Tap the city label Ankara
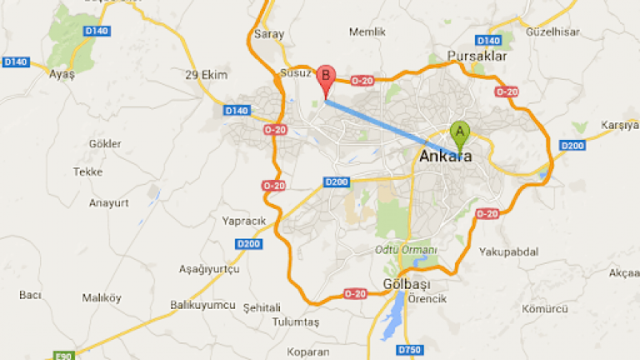pyautogui.click(x=446, y=157)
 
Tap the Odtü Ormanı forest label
pyautogui.click(x=407, y=250)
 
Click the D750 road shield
pyautogui.click(x=409, y=350)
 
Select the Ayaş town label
pyautogui.click(x=62, y=74)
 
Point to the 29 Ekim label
pyautogui.click(x=206, y=75)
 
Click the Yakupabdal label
pyautogui.click(x=509, y=252)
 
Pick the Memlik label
pyautogui.click(x=367, y=32)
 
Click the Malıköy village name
pyautogui.click(x=102, y=298)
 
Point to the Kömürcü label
pyautogui.click(x=544, y=309)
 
